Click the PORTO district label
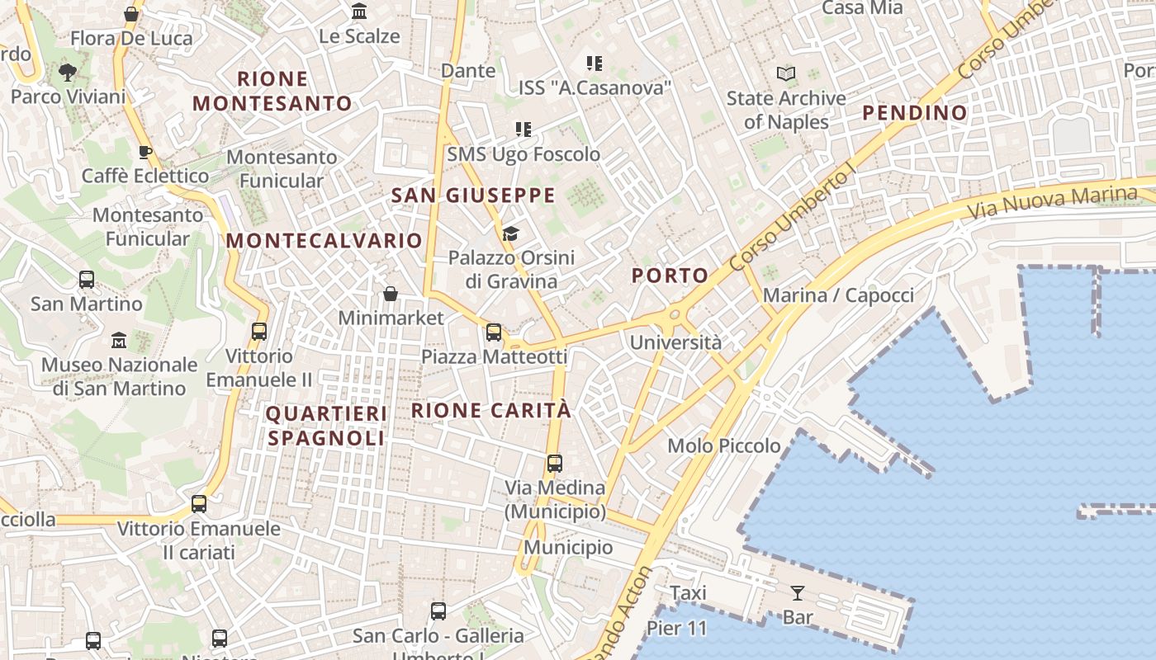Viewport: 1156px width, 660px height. click(x=670, y=276)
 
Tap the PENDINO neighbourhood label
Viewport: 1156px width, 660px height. click(x=915, y=113)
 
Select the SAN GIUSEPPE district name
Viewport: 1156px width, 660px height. click(x=473, y=196)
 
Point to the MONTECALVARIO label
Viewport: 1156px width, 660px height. click(x=325, y=241)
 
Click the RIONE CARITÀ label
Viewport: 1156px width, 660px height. click(x=491, y=410)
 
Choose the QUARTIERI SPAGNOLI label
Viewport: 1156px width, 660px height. click(x=326, y=426)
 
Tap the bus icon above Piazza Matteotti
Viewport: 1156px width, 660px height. click(x=494, y=332)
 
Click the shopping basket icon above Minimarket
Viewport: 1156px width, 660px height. click(x=391, y=294)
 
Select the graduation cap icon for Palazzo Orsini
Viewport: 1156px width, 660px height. click(x=510, y=234)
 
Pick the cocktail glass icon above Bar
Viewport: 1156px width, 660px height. click(x=797, y=593)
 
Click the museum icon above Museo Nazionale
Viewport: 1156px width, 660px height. click(x=119, y=340)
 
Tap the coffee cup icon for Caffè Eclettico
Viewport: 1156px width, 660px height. click(x=145, y=152)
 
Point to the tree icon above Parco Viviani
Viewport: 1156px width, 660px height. click(x=68, y=73)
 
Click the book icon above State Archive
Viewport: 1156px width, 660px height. click(x=786, y=74)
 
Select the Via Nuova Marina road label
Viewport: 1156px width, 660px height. click(x=1052, y=202)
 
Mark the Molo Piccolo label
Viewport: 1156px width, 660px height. click(x=723, y=446)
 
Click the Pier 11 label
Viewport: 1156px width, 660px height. click(x=676, y=629)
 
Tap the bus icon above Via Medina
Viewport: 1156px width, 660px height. click(x=555, y=464)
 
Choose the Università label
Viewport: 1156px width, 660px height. click(x=675, y=342)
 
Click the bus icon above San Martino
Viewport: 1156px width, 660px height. click(x=87, y=280)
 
